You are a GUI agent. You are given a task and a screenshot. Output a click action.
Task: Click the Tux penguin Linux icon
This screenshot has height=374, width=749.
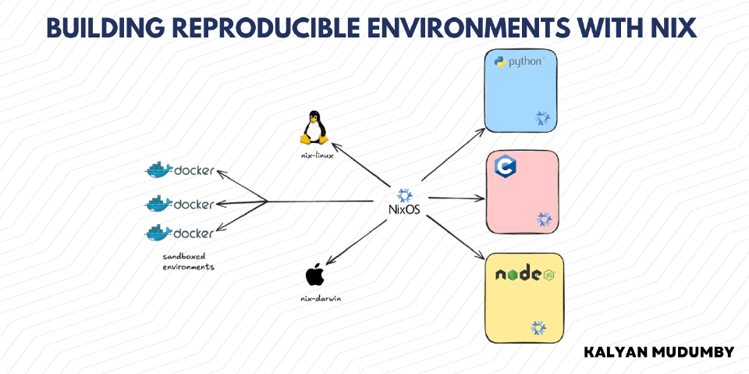314,128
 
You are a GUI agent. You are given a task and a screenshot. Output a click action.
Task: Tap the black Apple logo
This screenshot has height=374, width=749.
314,276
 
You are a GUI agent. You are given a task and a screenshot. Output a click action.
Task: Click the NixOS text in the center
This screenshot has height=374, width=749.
404,209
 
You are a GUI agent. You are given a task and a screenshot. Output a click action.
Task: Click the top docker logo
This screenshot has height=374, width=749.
179,170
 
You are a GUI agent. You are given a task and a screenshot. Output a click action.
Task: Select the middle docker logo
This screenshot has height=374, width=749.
179,204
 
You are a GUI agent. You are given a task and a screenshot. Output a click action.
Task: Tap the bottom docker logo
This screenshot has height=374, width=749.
179,233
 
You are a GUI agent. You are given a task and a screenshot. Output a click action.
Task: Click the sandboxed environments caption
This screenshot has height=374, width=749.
188,262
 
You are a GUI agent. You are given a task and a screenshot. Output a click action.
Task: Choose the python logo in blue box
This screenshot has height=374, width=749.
520,62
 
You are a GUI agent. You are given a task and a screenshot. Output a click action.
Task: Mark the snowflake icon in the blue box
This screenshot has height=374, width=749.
543,118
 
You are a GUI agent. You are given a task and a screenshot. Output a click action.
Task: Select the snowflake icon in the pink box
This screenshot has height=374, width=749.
544,219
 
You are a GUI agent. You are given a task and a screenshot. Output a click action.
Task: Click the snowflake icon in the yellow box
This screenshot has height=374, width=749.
539,328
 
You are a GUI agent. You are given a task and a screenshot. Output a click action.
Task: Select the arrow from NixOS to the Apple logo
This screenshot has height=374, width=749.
356,242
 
